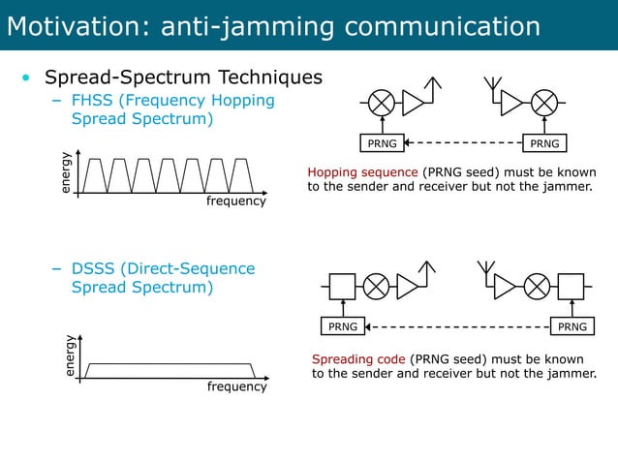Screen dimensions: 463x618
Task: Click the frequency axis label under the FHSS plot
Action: tap(236, 201)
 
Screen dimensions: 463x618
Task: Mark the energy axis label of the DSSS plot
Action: tap(69, 355)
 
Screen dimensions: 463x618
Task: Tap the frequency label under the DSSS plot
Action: tap(236, 386)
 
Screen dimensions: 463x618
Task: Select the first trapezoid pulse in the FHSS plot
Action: tap(94, 175)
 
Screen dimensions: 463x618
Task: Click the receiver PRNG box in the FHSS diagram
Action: tap(544, 144)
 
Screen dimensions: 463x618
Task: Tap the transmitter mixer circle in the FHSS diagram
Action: tap(383, 102)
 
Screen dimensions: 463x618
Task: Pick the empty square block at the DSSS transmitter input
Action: tap(342, 286)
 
